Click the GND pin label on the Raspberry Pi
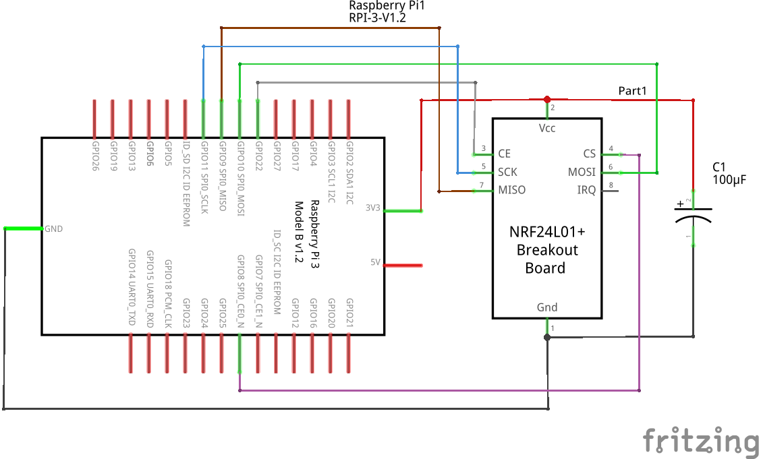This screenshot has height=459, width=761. click(54, 229)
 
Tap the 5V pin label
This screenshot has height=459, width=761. click(376, 262)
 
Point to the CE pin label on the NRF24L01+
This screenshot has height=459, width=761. click(504, 154)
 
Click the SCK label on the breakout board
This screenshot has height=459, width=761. click(507, 172)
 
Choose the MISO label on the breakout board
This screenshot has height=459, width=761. click(511, 190)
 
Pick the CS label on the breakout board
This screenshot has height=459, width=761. click(590, 154)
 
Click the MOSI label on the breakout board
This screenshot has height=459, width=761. click(582, 172)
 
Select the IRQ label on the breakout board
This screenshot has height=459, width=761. click(586, 190)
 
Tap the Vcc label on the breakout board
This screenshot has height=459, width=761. click(547, 128)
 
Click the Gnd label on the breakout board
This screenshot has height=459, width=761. click(547, 307)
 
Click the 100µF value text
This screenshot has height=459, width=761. click(729, 180)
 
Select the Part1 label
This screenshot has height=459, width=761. click(633, 90)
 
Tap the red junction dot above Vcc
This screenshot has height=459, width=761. click(547, 99)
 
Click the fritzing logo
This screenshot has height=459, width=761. click(700, 441)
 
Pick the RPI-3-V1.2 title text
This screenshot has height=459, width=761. click(377, 18)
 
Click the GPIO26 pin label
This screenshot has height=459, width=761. click(94, 156)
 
